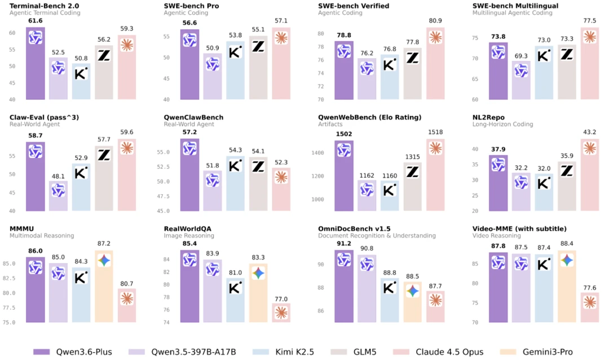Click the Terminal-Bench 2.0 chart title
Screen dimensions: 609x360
click(x=45, y=6)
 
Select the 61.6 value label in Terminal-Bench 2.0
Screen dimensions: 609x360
click(x=36, y=21)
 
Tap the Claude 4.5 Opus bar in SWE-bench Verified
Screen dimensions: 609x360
click(x=435, y=63)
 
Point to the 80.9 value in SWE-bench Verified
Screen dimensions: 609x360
click(x=435, y=21)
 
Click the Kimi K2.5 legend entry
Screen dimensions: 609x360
click(x=283, y=352)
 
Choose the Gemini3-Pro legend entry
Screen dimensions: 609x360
click(x=536, y=352)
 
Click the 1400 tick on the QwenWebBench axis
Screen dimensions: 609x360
click(x=317, y=153)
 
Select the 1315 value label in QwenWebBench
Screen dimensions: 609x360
click(x=412, y=157)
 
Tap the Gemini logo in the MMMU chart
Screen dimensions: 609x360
click(x=104, y=261)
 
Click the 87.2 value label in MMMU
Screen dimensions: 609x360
click(x=104, y=243)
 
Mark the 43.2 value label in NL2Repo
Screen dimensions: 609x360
click(x=590, y=132)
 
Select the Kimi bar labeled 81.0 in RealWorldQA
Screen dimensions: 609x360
click(x=235, y=300)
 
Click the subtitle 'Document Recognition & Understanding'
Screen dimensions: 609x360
click(x=377, y=236)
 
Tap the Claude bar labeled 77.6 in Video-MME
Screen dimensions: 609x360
click(x=590, y=308)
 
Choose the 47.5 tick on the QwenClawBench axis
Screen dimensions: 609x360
click(x=163, y=196)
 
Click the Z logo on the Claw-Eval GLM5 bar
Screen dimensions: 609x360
click(x=104, y=155)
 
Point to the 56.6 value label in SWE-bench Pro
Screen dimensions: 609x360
click(x=189, y=23)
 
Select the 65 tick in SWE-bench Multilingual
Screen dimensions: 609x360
click(x=475, y=79)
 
